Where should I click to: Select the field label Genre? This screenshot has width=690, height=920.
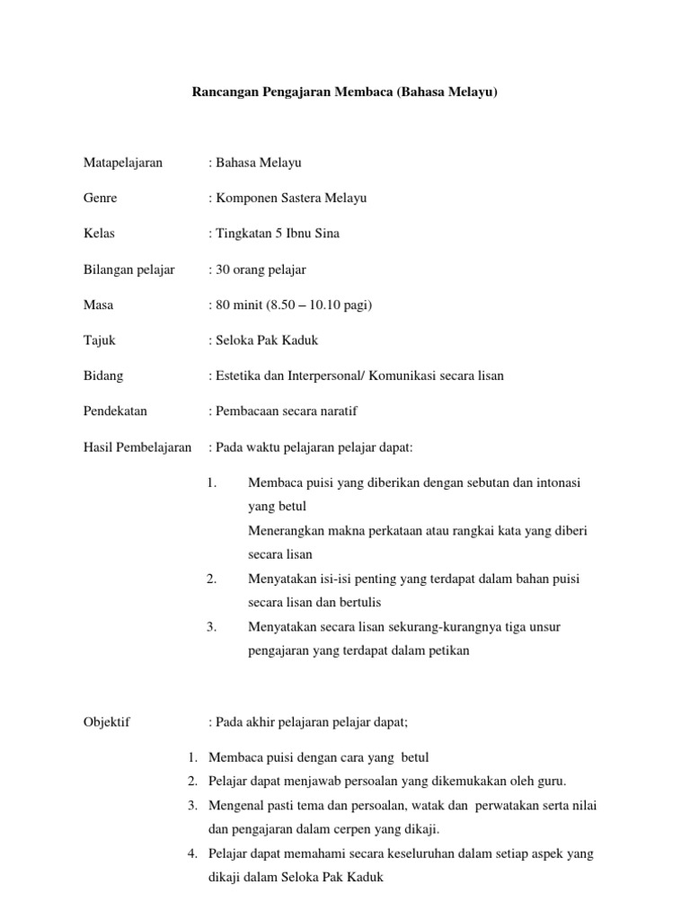coord(98,198)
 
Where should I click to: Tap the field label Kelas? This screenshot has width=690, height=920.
coord(97,234)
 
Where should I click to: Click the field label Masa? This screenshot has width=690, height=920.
coord(97,305)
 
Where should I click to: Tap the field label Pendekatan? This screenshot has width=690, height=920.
coord(114,411)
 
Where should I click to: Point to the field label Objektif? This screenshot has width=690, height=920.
coord(105,721)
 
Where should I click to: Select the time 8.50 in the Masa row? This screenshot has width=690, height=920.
coord(269,305)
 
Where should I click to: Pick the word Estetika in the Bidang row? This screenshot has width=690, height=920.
coord(235,376)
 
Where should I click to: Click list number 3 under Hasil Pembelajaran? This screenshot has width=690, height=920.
coord(211,626)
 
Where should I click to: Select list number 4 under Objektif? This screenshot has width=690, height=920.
coord(192,854)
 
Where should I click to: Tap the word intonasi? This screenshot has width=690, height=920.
coord(561,482)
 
